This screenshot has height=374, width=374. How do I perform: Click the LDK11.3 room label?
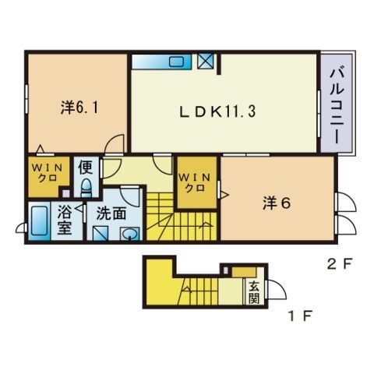tap(217, 111)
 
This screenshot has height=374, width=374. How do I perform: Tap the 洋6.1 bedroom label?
tap(79, 107)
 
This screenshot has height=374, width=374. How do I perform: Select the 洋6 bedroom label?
tap(277, 203)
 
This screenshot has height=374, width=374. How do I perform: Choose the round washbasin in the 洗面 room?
tap(129, 234)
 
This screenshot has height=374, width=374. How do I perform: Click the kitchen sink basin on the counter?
tap(177, 62)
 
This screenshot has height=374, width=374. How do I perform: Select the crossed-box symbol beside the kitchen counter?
tap(206, 62)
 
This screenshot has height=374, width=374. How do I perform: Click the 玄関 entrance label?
tap(254, 292)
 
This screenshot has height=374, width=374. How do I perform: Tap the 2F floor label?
tap(339, 264)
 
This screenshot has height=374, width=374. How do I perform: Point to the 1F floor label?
tap(300, 316)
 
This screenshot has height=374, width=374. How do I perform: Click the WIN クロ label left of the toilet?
tap(48, 173)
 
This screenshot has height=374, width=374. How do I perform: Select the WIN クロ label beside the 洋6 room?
tap(195, 183)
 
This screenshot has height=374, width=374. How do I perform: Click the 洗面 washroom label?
tap(111, 213)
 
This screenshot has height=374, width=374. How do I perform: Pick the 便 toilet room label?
tap(86, 168)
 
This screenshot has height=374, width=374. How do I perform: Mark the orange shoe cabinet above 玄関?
tap(244, 272)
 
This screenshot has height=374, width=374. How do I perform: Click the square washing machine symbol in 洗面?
tap(101, 233)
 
